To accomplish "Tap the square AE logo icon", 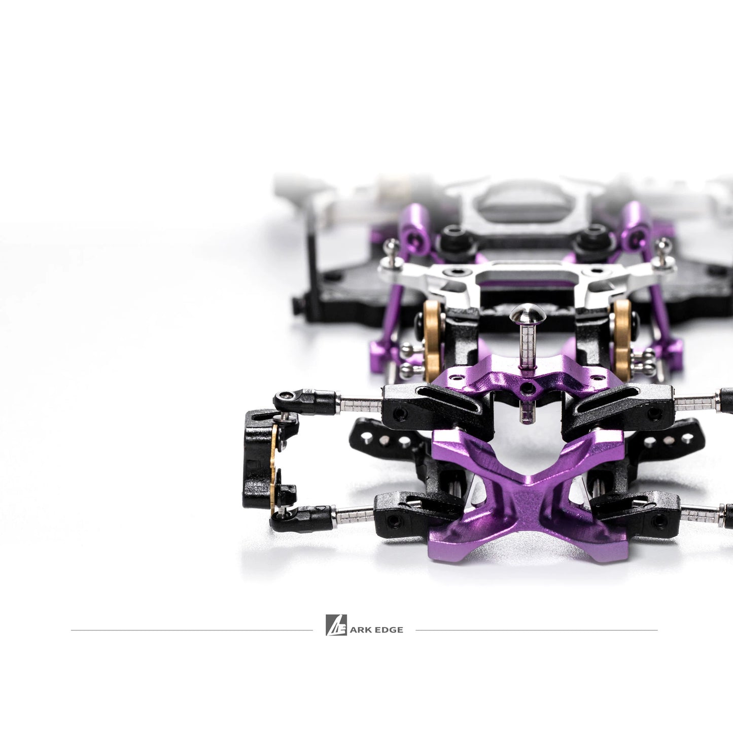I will click(x=336, y=625).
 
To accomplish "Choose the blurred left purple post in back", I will click(x=410, y=223).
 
